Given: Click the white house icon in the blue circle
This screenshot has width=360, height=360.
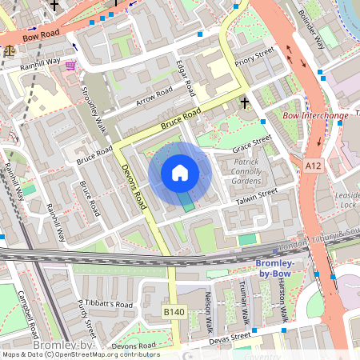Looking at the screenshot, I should pyautogui.click(x=180, y=173).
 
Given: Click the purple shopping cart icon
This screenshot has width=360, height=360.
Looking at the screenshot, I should pyautogui.click(x=71, y=65).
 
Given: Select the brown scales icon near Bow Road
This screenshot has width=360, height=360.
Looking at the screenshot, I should pyautogui.click(x=10, y=49).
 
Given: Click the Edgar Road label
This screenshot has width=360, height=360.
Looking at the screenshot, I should pyautogui.click(x=185, y=78).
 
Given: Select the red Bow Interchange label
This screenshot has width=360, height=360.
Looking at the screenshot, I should pyautogui.click(x=316, y=116).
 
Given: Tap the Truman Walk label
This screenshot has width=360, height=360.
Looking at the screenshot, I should pyautogui.click(x=246, y=300).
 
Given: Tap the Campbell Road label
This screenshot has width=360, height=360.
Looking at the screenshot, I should pyautogui.click(x=29, y=314).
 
